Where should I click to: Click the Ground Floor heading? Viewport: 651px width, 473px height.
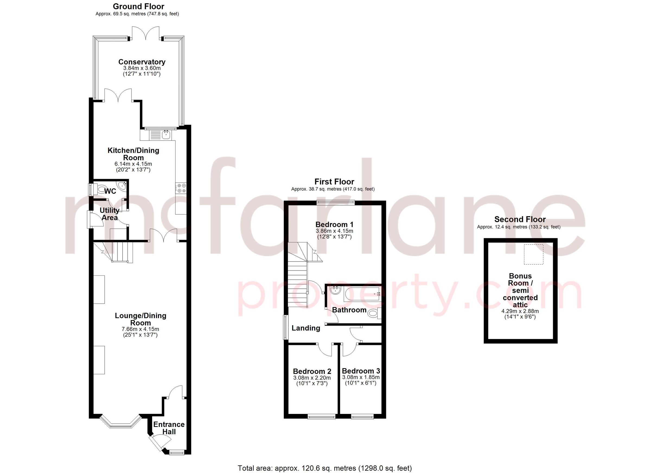point(138,6)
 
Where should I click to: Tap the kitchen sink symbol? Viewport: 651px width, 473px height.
point(166,134)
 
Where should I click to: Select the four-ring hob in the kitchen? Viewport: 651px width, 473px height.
point(181,188)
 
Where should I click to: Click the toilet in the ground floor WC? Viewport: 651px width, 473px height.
point(100,189)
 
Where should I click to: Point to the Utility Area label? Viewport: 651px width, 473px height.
point(109,214)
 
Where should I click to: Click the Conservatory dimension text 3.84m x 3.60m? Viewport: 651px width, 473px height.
point(142,68)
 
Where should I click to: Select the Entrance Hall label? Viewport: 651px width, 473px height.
point(169,428)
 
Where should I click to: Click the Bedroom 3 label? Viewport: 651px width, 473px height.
point(361,371)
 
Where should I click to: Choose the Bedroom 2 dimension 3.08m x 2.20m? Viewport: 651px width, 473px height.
point(312,378)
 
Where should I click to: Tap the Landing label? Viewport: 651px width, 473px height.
point(306,328)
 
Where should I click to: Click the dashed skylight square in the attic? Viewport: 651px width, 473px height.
point(533,254)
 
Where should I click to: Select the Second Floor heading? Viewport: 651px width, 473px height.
point(519,220)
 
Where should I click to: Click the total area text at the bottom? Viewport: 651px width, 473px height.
point(325,468)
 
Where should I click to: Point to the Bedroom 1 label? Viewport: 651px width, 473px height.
point(334,224)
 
